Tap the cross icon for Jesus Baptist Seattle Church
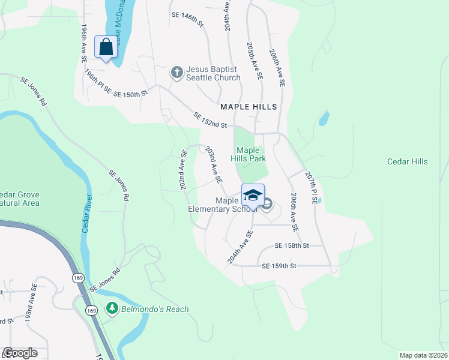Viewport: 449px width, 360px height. coord(176,73)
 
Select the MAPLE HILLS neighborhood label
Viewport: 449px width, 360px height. coord(249,107)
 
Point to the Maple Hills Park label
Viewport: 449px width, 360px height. coord(248,154)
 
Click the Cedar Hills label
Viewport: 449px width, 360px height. coord(407,162)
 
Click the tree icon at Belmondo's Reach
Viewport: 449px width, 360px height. coord(112,309)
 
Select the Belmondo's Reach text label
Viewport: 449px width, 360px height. coord(154,310)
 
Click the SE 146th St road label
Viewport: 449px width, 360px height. coord(187,18)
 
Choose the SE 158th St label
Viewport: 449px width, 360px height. coord(291,246)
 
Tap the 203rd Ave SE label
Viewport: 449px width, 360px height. coord(214,164)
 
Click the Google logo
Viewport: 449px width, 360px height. coord(20,353)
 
